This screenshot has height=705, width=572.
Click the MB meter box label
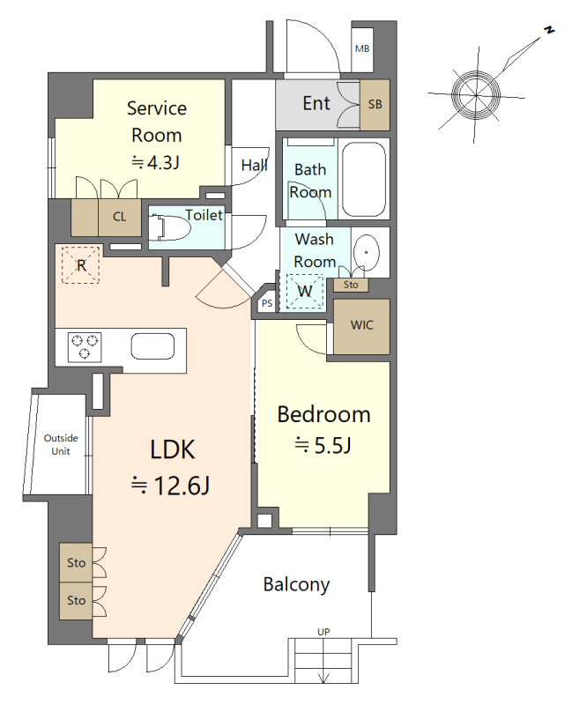click(x=362, y=48)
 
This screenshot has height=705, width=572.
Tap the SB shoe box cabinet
click(x=375, y=105)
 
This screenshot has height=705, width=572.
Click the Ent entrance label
click(x=316, y=103)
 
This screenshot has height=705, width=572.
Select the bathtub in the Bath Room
click(x=363, y=180)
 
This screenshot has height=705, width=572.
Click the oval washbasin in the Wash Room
click(x=366, y=253)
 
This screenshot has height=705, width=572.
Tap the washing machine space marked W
click(x=305, y=291)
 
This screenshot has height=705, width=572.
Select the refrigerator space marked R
click(x=80, y=265)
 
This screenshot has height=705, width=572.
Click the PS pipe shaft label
click(x=267, y=303)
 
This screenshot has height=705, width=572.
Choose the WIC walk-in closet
click(x=361, y=326)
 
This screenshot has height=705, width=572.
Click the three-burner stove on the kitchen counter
click(x=85, y=347)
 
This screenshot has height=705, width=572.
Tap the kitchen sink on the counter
click(x=152, y=346)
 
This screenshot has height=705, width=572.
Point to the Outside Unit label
click(x=61, y=445)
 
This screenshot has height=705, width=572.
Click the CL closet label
click(x=119, y=217)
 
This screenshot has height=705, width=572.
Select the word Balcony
click(x=296, y=584)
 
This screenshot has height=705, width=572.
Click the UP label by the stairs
click(x=323, y=632)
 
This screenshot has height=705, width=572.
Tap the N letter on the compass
click(x=548, y=30)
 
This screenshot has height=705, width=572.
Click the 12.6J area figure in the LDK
click(x=182, y=486)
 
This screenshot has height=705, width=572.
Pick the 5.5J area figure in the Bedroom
click(x=332, y=445)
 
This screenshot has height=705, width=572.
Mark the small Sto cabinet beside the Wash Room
click(x=351, y=285)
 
